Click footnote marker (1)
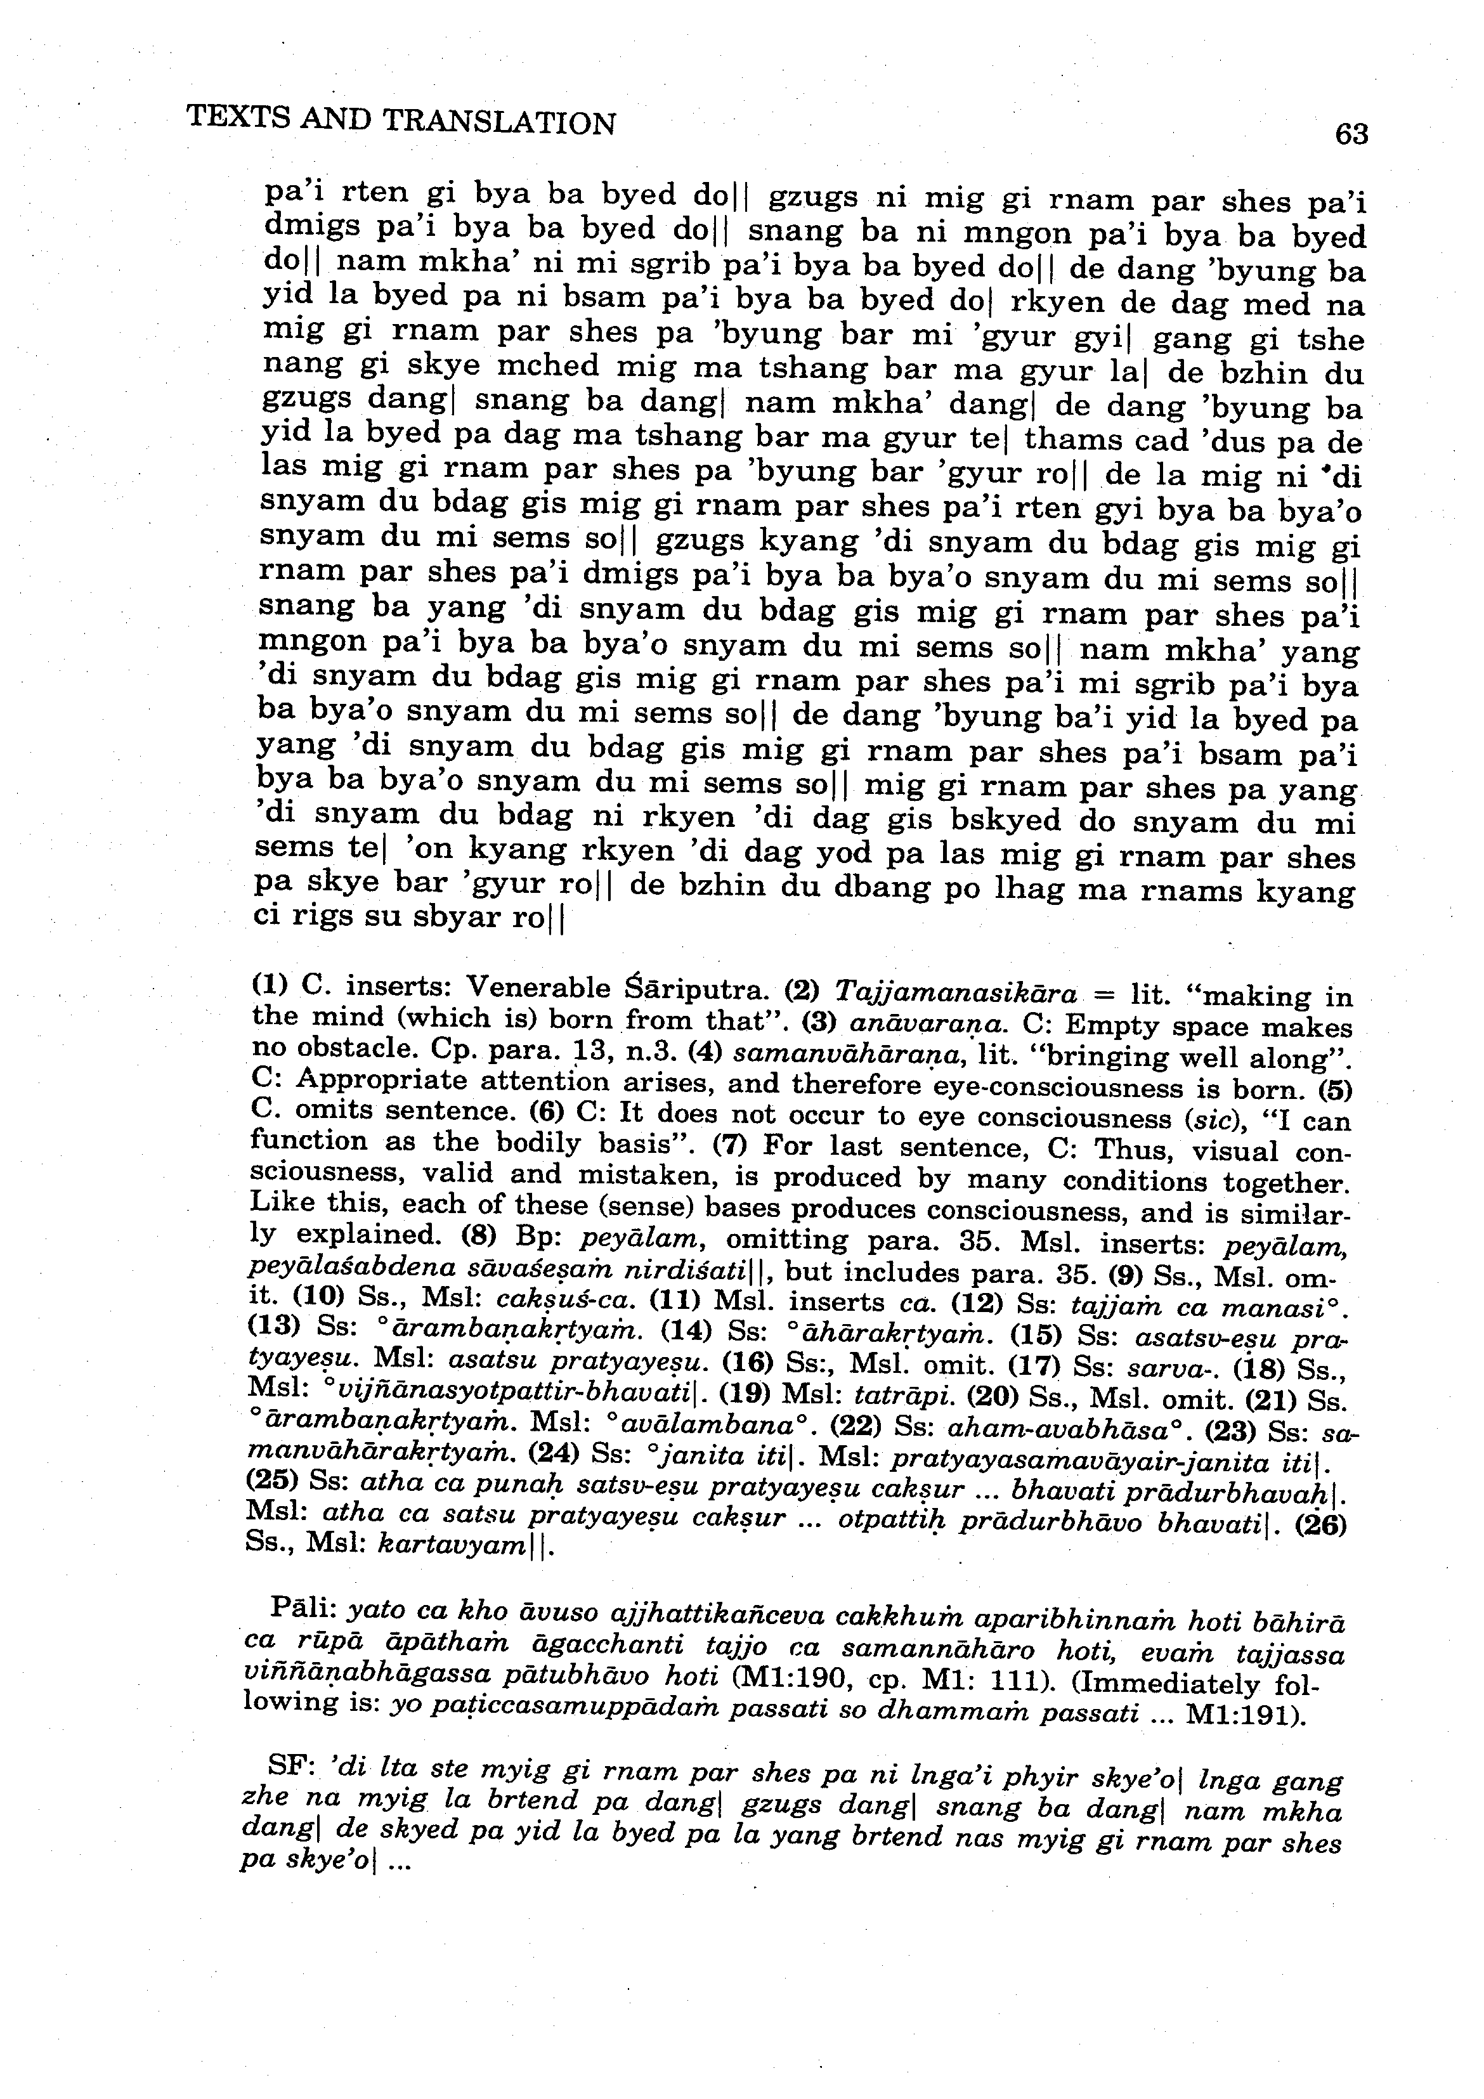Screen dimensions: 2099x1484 coord(269,985)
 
